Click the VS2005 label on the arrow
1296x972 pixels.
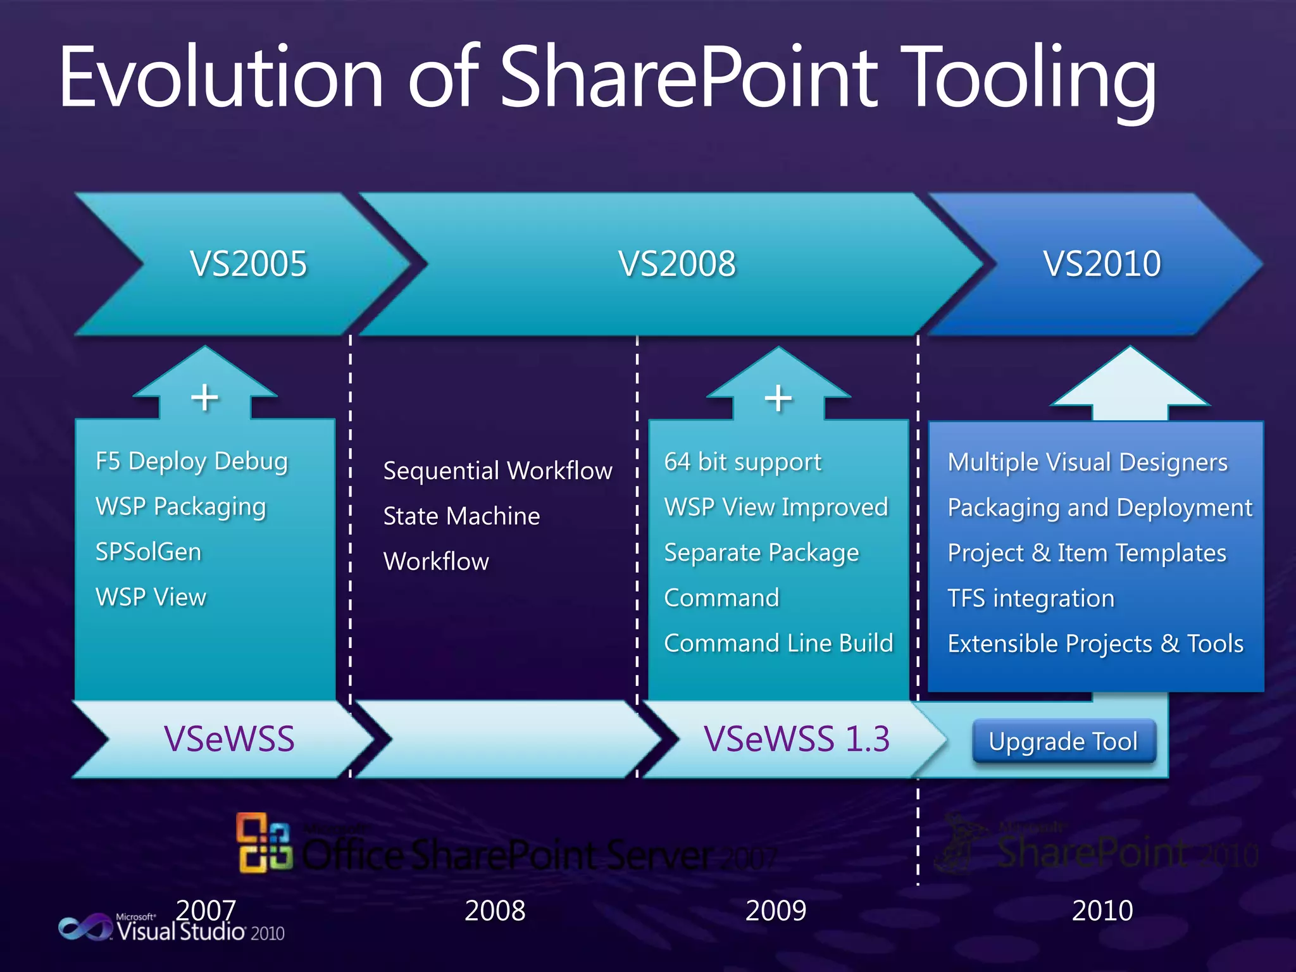[x=248, y=263]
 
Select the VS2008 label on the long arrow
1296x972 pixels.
[x=677, y=263]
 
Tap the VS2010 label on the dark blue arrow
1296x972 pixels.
[x=1102, y=263]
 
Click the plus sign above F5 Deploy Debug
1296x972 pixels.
[x=204, y=397]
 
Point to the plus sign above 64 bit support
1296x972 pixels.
[x=778, y=398]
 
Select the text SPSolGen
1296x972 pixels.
[x=148, y=552]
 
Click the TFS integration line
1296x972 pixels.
[x=1030, y=598]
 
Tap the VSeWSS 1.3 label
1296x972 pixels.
[x=796, y=738]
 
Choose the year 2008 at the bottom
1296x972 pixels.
[x=495, y=911]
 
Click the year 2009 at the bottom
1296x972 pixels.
[x=775, y=911]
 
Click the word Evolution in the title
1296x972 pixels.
[x=221, y=77]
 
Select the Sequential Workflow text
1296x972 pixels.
[x=497, y=471]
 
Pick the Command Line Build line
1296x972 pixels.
[x=778, y=643]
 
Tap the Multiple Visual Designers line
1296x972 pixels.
[x=1087, y=462]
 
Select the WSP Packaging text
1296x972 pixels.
[x=180, y=506]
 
